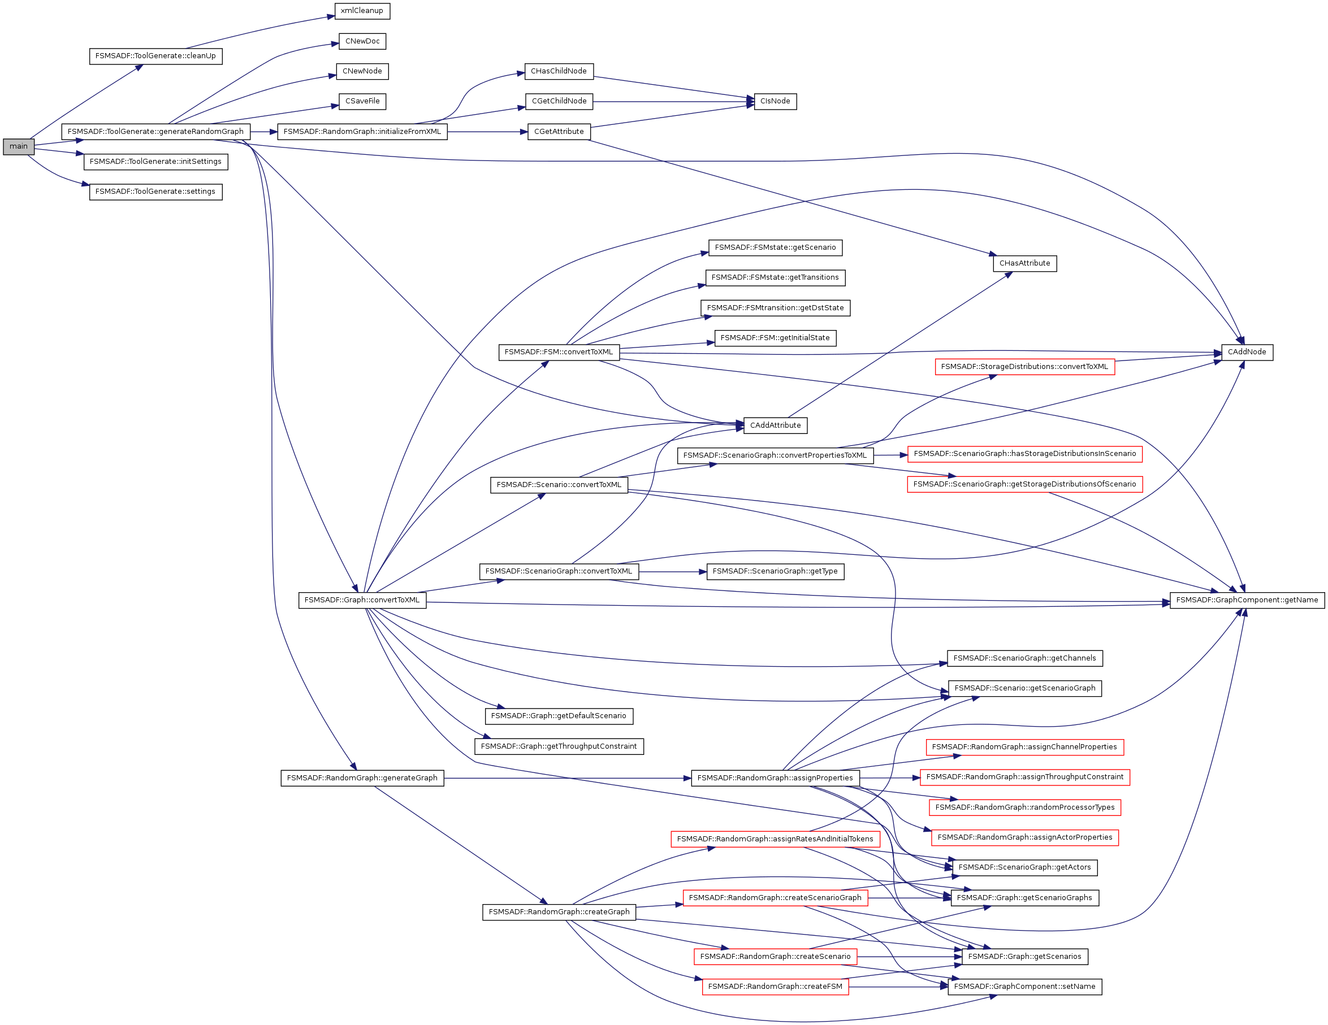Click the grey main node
click(x=18, y=146)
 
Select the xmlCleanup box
click(x=362, y=11)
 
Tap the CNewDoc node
click(x=362, y=41)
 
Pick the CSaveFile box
click(x=362, y=102)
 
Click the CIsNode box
click(x=775, y=102)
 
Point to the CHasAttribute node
click(x=1024, y=264)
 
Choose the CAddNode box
click(x=1247, y=353)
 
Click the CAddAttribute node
click(x=775, y=425)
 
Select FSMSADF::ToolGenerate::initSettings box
click(x=155, y=162)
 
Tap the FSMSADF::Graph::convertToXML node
click(x=362, y=600)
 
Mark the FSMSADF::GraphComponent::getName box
click(x=1247, y=600)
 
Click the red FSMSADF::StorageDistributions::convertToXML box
click(x=1024, y=367)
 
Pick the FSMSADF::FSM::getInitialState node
click(x=775, y=338)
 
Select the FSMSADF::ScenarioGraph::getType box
click(x=775, y=572)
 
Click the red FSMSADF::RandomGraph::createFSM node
click(x=775, y=987)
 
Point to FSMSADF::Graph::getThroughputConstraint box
click(x=559, y=747)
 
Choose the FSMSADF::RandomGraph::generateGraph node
click(x=362, y=778)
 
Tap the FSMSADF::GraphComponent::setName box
click(x=1024, y=987)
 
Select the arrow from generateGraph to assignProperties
click(x=565, y=778)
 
